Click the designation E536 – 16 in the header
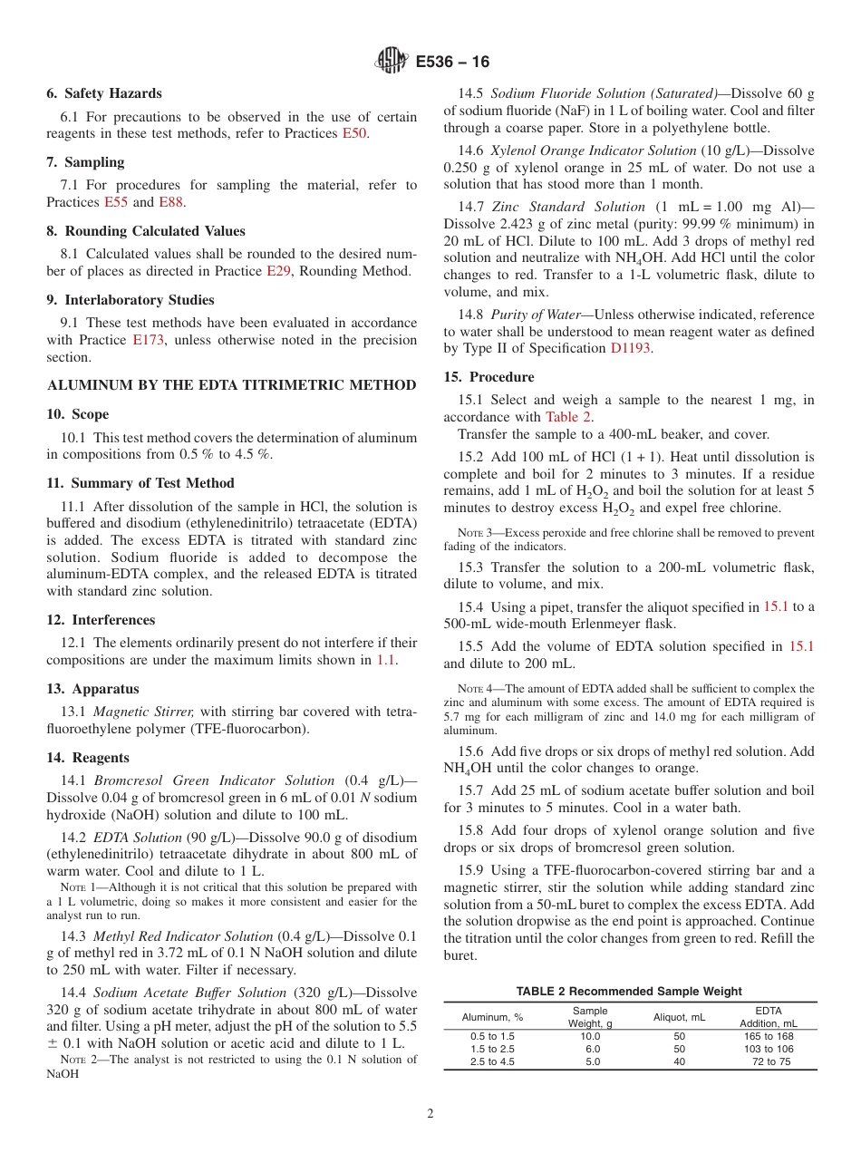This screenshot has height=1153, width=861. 452,62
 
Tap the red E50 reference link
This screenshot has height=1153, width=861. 355,133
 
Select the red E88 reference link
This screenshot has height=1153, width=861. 170,202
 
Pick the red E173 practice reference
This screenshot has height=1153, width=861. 150,340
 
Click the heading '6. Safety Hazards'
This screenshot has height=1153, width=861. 104,93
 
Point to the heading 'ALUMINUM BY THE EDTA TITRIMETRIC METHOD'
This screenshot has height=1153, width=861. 231,385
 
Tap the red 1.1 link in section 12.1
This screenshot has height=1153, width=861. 386,660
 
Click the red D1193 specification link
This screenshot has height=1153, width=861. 630,348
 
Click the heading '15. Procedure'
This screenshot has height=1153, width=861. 489,377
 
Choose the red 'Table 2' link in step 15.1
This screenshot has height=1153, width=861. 568,417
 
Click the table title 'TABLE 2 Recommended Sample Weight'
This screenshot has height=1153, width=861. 629,991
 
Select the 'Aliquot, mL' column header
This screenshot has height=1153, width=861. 679,1017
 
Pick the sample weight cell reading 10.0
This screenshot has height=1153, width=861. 590,1036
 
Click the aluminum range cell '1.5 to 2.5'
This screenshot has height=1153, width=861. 492,1049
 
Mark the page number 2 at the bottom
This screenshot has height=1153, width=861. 430,1114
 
